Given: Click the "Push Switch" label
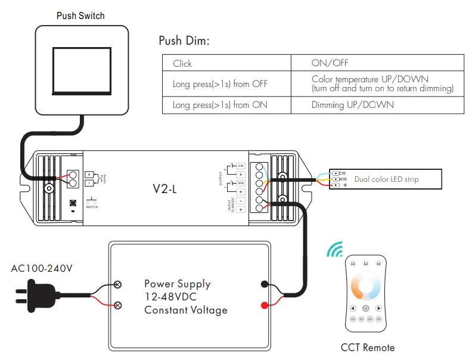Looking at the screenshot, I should point(80,15).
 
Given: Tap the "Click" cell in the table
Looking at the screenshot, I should point(182,63).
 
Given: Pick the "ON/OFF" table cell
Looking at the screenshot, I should point(330,63).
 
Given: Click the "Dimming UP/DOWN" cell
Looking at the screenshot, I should point(352,105).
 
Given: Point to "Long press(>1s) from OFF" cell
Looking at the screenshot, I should point(220,84).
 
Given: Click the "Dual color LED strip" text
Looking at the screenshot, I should point(386,179).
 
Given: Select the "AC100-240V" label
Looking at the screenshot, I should point(42,268).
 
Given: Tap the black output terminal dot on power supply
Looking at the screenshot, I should point(264,284).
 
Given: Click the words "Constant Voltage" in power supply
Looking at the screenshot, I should point(185,310).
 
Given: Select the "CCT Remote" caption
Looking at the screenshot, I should point(368,347).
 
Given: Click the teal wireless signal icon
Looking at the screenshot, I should point(334,249).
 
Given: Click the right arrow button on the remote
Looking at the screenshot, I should point(378,308).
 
